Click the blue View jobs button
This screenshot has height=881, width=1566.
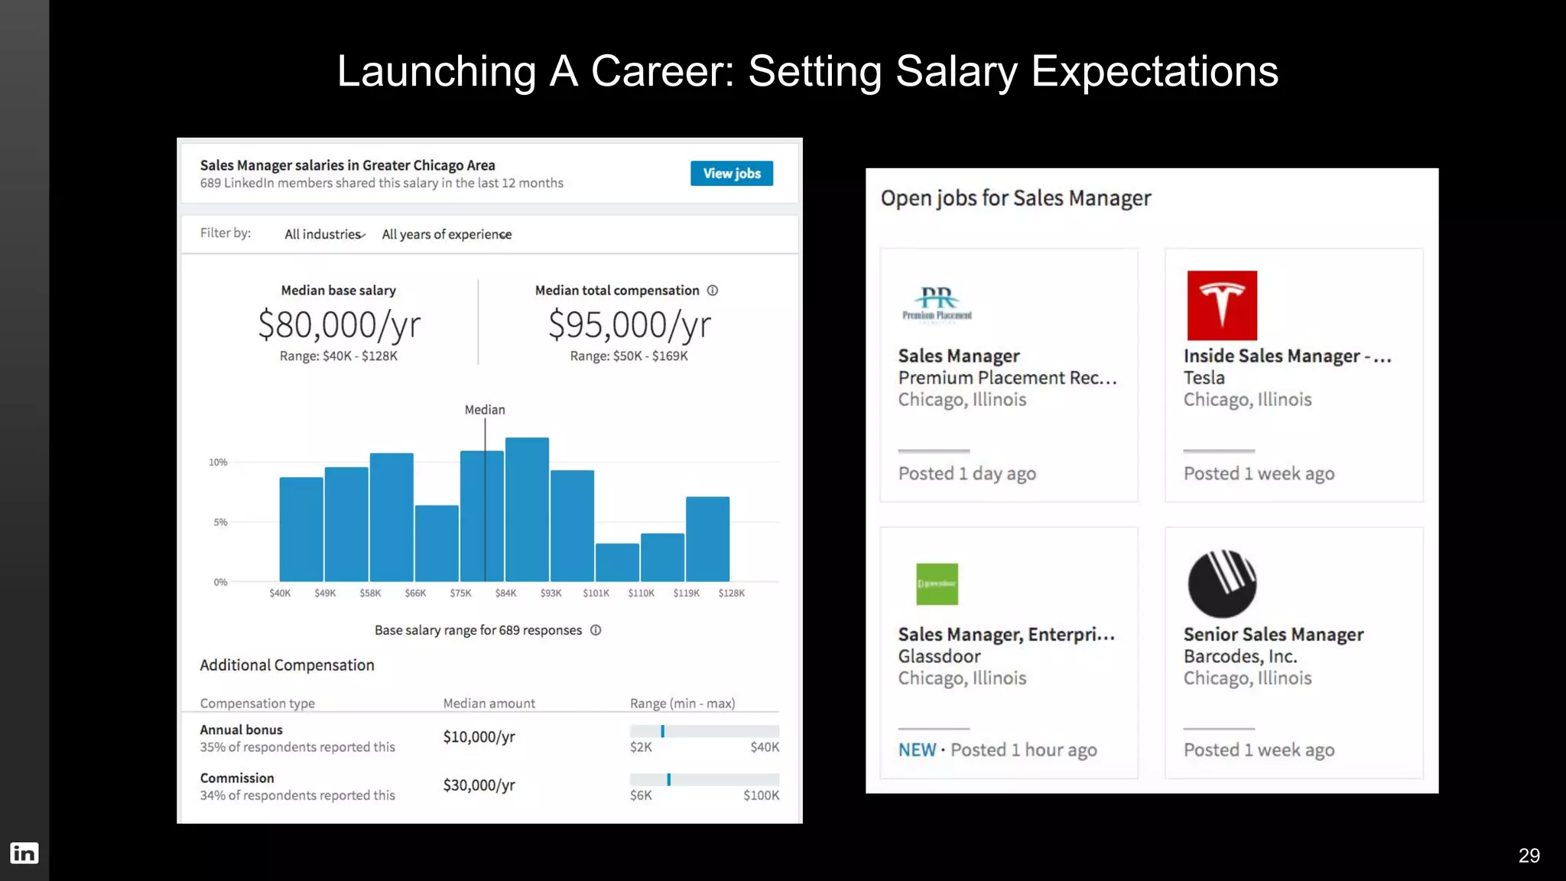(x=731, y=174)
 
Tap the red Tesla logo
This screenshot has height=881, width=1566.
(x=1221, y=305)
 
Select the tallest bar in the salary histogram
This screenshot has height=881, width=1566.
(x=527, y=509)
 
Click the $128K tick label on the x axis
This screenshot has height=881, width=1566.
(x=731, y=593)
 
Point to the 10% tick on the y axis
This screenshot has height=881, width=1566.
(x=218, y=463)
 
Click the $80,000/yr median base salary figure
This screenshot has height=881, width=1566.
(x=339, y=325)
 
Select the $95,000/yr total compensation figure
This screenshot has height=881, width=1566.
(x=629, y=325)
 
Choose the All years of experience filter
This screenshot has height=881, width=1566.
(x=447, y=235)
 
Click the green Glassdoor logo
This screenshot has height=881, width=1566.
(x=937, y=584)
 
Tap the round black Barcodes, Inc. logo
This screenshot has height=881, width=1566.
(x=1221, y=584)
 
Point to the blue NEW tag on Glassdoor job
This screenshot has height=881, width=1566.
(x=917, y=750)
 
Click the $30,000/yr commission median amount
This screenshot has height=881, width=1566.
(x=479, y=785)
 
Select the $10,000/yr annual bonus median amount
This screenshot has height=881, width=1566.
(x=479, y=737)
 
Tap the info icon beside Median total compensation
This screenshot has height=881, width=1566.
(x=713, y=291)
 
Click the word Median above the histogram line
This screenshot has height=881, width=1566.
(x=485, y=410)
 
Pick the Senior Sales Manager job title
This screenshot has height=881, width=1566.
(x=1273, y=635)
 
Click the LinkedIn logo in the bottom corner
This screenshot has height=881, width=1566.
(x=24, y=853)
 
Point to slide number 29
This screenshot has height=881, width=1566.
(x=1529, y=856)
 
